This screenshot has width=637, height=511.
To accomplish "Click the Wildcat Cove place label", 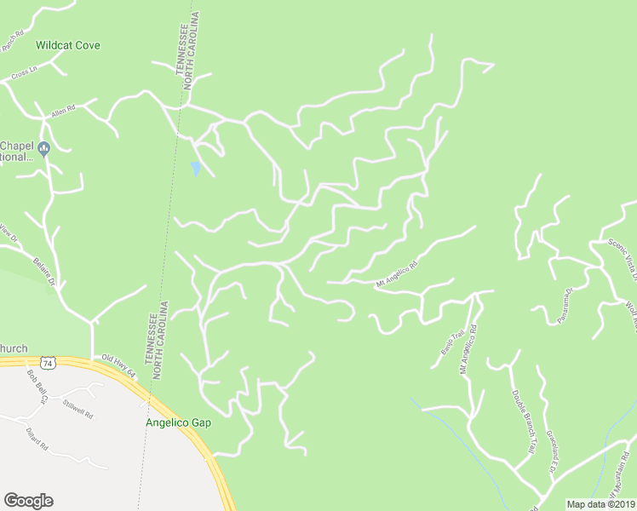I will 68,44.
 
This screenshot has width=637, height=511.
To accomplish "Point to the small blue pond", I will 196,169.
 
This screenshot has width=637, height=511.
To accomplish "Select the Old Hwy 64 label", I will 118,367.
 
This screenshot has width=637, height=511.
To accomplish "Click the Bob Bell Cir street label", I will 37,387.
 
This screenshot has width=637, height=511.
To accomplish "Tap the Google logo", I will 28,501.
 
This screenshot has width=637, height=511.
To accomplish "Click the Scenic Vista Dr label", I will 617,250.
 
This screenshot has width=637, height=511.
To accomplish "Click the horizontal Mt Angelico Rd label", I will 397,273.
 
